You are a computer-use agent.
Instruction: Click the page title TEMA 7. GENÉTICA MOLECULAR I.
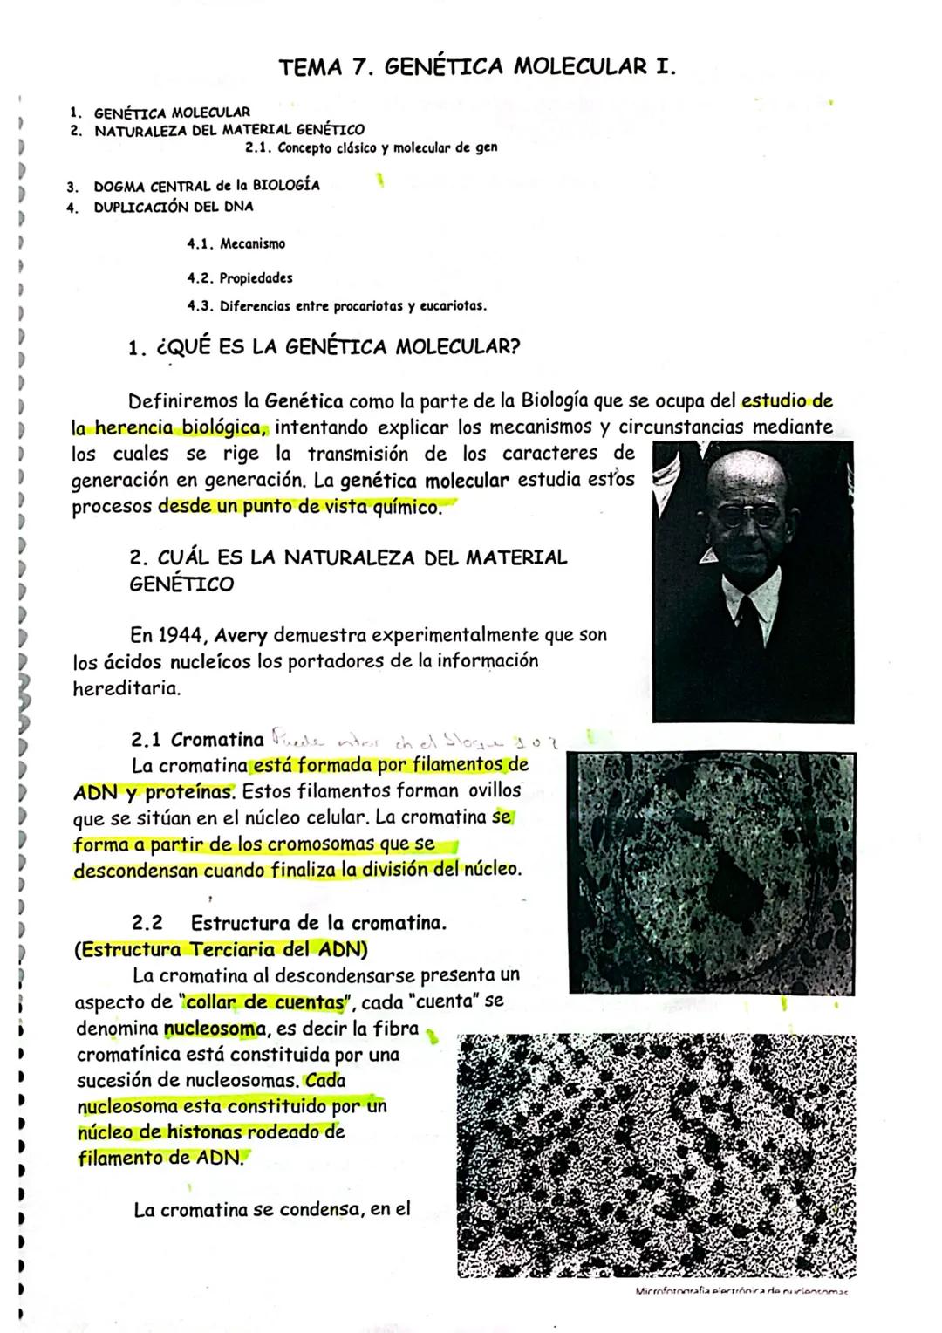tap(477, 67)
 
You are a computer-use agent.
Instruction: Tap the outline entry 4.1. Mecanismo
tap(235, 244)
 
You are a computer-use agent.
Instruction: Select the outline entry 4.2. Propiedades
tap(240, 278)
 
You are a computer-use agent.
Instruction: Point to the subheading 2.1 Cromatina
tap(197, 740)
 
